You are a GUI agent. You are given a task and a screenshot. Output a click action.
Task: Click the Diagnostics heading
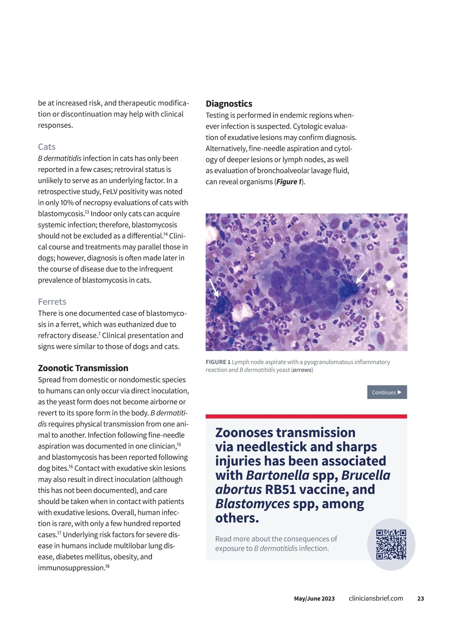[x=229, y=104]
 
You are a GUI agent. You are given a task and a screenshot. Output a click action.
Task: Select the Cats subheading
[x=47, y=147]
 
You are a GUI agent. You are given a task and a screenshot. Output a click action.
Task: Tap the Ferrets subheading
[x=52, y=302]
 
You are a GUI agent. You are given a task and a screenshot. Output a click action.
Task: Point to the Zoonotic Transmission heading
[x=83, y=368]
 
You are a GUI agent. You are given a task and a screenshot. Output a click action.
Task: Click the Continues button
[x=387, y=392]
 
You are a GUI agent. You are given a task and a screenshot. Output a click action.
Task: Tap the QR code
[x=391, y=544]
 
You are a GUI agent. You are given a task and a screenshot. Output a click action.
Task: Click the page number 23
[x=420, y=599]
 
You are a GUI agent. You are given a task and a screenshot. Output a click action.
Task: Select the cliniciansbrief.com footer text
[x=376, y=599]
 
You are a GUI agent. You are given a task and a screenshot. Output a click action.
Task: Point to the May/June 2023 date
[x=314, y=599]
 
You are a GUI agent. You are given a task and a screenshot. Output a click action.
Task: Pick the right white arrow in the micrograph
[x=362, y=275]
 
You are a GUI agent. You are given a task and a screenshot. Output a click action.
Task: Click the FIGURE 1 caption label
[x=218, y=362]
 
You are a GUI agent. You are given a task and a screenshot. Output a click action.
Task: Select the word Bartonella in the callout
[x=278, y=475]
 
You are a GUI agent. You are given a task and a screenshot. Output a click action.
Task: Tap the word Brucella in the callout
[x=366, y=475]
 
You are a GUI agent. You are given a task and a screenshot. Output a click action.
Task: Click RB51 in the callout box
[x=280, y=489]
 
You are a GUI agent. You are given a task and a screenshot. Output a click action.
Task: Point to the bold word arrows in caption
[x=302, y=370]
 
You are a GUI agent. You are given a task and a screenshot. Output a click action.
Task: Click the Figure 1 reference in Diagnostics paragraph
[x=289, y=182]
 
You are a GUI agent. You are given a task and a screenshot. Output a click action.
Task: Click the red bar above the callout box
[x=306, y=416]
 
